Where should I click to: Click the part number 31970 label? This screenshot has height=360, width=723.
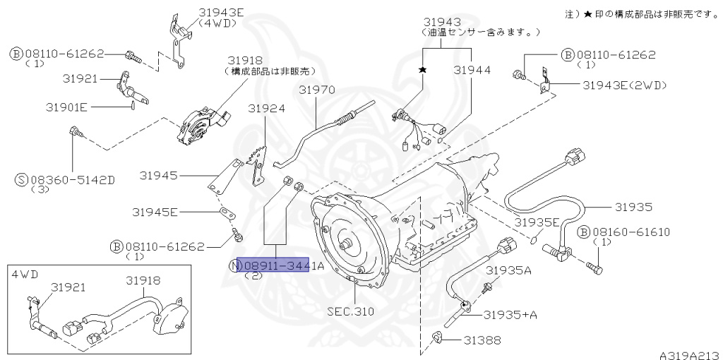316,90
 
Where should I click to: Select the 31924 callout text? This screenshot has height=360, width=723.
266,109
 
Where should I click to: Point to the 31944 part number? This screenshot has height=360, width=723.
472,71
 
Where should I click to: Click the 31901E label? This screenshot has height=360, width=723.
66,107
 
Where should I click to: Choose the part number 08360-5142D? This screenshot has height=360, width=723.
71,179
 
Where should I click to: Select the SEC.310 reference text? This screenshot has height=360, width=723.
351,311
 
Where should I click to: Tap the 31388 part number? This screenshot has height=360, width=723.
482,340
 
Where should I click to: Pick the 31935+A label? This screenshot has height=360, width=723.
510,313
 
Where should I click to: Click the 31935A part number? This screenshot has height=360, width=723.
508,270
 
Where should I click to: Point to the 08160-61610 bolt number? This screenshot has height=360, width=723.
631,232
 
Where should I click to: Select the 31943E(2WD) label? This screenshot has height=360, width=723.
624,85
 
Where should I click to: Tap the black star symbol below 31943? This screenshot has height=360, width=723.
423,70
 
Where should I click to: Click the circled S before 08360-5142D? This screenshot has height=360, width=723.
20,180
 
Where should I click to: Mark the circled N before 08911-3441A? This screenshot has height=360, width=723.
234,266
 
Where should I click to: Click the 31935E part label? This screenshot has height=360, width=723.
538,222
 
